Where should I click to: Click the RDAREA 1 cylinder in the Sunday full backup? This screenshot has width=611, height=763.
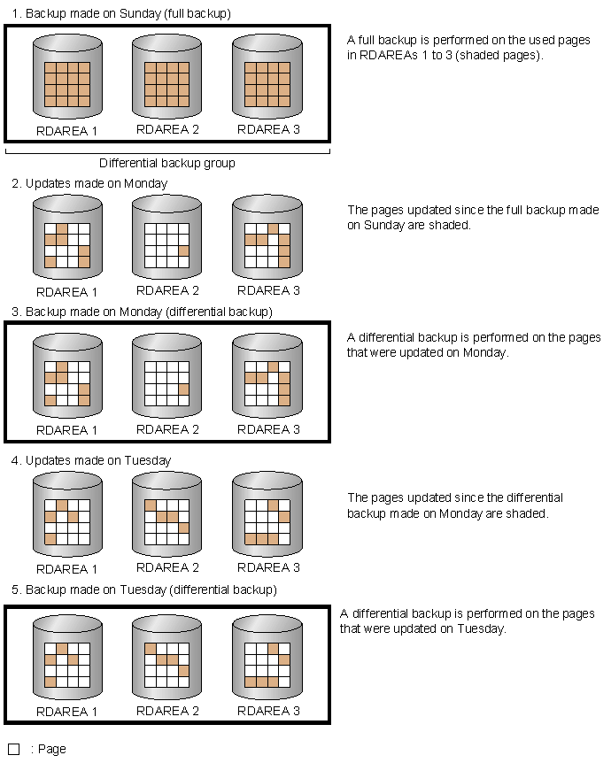click(x=67, y=76)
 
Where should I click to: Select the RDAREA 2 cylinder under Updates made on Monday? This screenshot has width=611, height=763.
click(x=167, y=237)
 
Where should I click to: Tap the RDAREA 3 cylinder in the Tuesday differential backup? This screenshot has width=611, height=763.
click(x=267, y=658)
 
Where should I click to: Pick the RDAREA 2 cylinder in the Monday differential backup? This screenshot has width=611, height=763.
click(x=167, y=375)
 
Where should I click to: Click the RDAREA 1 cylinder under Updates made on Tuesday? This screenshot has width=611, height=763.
click(x=67, y=514)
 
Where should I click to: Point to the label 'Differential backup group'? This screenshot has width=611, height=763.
click(x=167, y=163)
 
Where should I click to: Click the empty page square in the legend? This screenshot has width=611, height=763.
click(x=14, y=750)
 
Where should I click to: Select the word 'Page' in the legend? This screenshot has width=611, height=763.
click(x=52, y=750)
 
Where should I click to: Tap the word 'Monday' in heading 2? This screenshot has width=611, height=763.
click(x=145, y=183)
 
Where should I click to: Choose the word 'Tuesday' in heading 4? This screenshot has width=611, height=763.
click(x=148, y=461)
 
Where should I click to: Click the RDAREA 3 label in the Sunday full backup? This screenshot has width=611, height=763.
click(x=268, y=129)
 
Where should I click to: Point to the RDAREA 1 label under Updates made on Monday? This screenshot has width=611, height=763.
click(x=66, y=292)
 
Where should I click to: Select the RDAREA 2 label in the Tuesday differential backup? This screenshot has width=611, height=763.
click(x=167, y=711)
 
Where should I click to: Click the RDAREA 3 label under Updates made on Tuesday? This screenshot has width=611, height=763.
click(x=268, y=567)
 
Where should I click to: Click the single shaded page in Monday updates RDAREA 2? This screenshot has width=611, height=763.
click(x=183, y=251)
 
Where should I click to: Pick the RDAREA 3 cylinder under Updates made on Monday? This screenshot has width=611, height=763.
click(x=267, y=237)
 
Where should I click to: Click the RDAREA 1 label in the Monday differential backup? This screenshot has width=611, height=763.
click(x=66, y=430)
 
